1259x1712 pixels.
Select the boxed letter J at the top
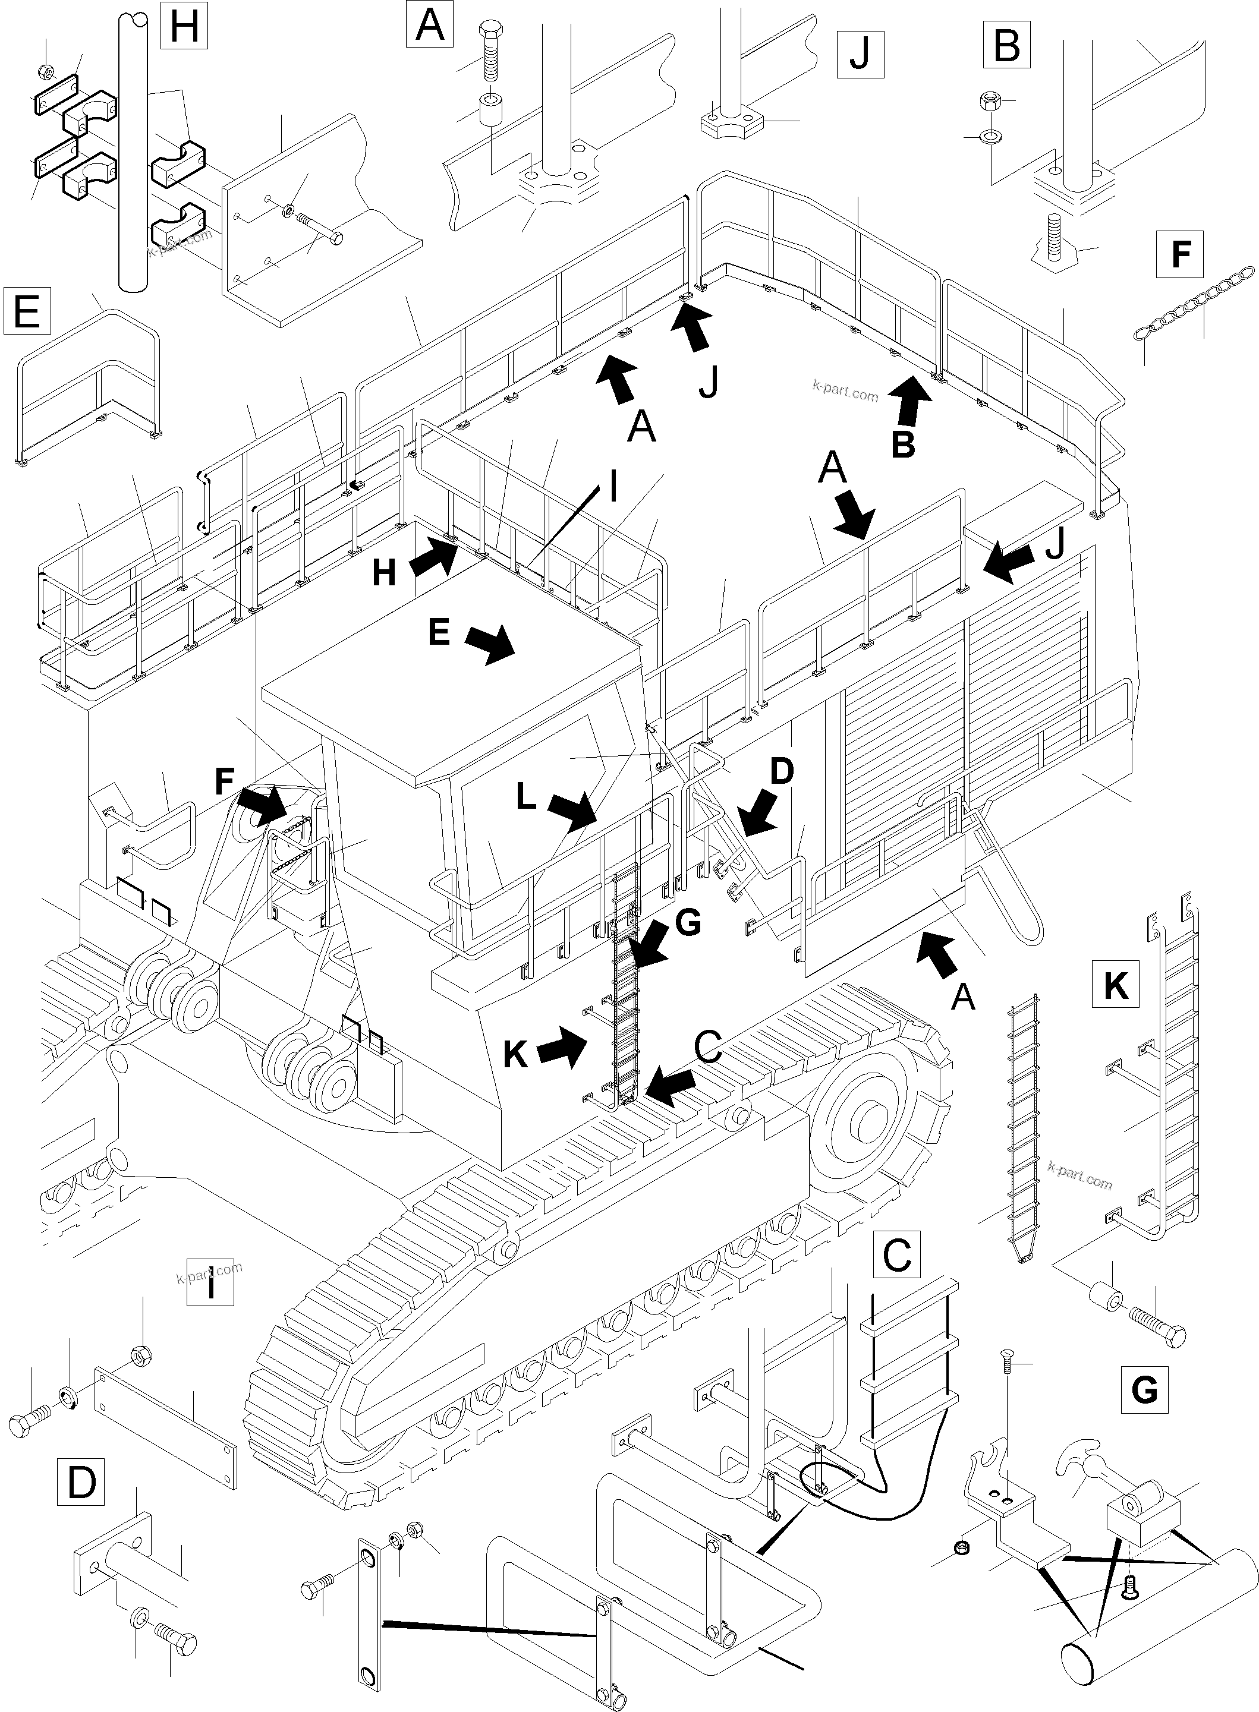point(860,55)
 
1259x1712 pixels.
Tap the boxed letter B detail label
point(1008,44)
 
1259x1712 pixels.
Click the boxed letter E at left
point(27,311)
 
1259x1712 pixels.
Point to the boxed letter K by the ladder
point(1116,985)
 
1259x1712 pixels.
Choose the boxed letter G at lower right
point(1145,1389)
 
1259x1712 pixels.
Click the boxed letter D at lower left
point(81,1482)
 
